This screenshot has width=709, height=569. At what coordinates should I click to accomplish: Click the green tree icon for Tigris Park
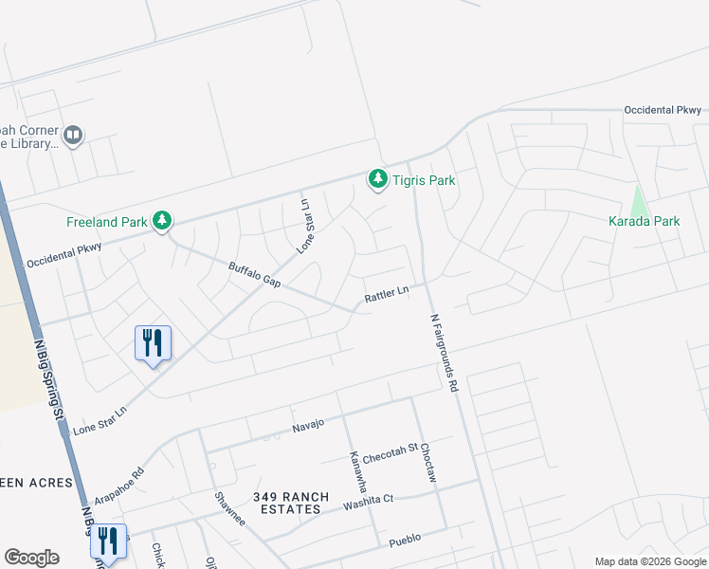click(x=378, y=178)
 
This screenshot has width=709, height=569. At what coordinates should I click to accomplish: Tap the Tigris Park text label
click(x=425, y=180)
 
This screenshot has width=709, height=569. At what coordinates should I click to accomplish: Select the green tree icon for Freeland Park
click(x=163, y=221)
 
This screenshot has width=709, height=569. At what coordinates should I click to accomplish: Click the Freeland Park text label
click(x=106, y=223)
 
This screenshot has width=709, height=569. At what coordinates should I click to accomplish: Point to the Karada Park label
click(x=644, y=222)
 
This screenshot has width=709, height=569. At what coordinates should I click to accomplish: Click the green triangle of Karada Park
click(x=639, y=201)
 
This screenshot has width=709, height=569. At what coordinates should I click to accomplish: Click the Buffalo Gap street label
click(x=255, y=275)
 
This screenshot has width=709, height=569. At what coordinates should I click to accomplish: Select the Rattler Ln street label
click(x=387, y=296)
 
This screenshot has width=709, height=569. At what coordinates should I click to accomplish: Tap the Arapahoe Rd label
click(x=119, y=486)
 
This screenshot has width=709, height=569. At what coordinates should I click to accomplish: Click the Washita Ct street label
click(x=368, y=500)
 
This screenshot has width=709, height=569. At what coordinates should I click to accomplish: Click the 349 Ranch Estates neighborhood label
click(x=287, y=503)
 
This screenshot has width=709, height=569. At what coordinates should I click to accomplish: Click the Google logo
click(x=31, y=558)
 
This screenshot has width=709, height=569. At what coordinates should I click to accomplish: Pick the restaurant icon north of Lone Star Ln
click(x=153, y=343)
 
